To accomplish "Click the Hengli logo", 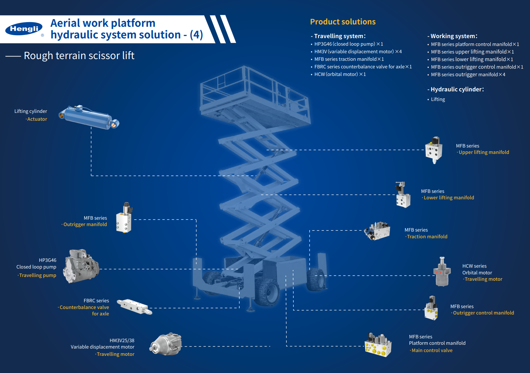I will [x=24, y=29].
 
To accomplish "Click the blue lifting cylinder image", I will [x=89, y=118].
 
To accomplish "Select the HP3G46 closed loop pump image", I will [x=82, y=266].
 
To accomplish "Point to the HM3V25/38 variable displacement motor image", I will [x=166, y=344].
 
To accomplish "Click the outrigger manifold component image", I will [x=124, y=218].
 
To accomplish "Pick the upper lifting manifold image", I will [x=434, y=150].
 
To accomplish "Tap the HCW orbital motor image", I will [x=442, y=272].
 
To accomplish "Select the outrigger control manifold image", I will [x=431, y=308].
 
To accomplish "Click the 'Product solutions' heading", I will [x=343, y=22].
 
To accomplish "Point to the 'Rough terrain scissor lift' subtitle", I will [x=79, y=56].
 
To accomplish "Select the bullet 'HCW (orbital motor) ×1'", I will [x=340, y=74].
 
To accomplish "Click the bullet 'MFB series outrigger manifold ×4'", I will [x=468, y=75].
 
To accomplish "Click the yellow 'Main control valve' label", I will [x=432, y=351].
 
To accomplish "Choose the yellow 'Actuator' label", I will [x=37, y=119].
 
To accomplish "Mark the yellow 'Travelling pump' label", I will [x=38, y=276].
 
